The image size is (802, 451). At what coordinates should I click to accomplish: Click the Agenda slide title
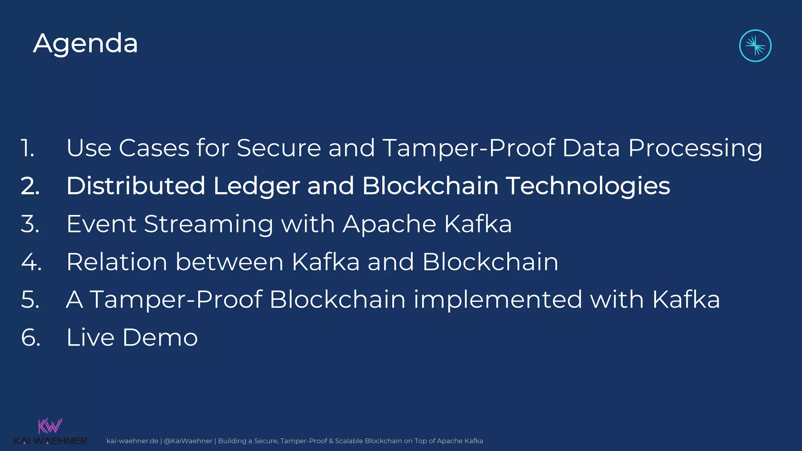click(x=85, y=43)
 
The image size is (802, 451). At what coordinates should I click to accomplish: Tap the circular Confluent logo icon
click(x=755, y=46)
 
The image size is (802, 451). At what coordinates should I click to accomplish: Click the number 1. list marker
click(x=28, y=148)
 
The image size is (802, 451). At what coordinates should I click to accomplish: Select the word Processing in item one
click(x=695, y=148)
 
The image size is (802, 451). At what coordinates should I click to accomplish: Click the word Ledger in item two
click(x=256, y=186)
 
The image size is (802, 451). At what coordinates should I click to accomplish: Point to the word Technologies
click(x=588, y=186)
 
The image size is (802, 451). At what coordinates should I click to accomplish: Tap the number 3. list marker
click(x=30, y=224)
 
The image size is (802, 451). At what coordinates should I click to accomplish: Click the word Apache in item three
click(x=389, y=224)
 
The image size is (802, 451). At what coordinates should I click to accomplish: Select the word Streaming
click(x=208, y=224)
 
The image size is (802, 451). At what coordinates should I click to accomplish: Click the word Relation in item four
click(x=117, y=262)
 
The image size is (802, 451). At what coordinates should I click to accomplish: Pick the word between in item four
click(x=229, y=262)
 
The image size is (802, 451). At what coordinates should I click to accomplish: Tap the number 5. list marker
click(x=30, y=299)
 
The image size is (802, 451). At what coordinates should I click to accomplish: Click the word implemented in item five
click(x=498, y=299)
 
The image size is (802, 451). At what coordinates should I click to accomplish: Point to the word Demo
click(x=160, y=337)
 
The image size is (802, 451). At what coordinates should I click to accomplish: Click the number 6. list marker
click(x=31, y=337)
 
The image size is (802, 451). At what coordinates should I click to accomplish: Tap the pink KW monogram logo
click(x=50, y=426)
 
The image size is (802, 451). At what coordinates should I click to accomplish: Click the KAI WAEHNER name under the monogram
click(x=50, y=441)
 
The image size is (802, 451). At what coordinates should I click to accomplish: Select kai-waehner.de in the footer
click(x=132, y=441)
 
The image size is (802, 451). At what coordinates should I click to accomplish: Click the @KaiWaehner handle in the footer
click(x=188, y=441)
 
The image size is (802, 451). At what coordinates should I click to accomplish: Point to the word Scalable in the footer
click(x=349, y=441)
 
